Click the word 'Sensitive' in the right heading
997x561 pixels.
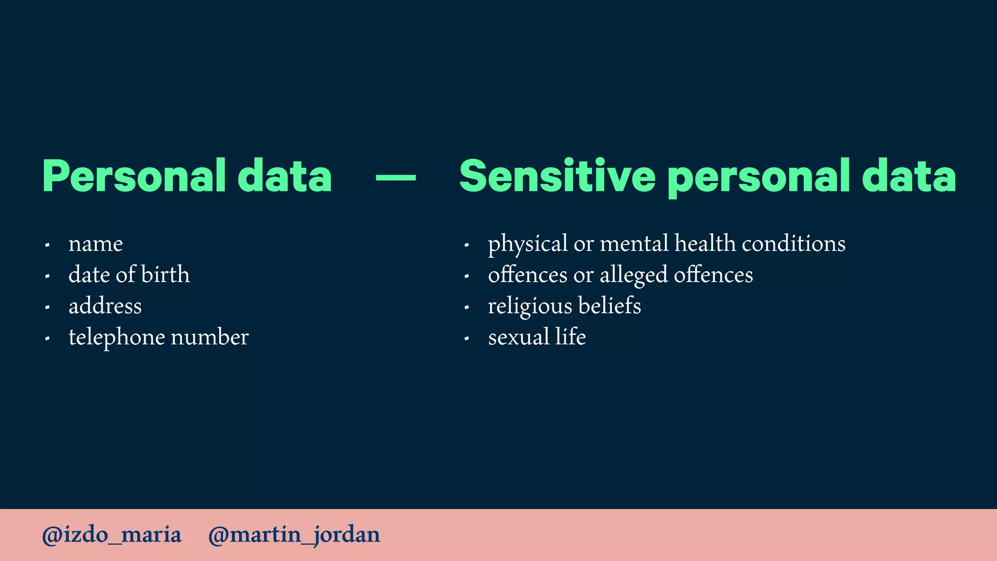[x=557, y=176]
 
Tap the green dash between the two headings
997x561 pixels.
[x=396, y=178]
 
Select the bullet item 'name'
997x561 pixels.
[x=95, y=244]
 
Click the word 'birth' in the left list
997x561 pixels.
[x=165, y=275]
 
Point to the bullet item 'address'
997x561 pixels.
[x=105, y=306]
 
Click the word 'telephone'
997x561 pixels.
[x=117, y=337]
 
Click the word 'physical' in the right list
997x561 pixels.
[x=528, y=244]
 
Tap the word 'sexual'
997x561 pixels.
[x=518, y=337]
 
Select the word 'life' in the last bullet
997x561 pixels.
[x=571, y=337]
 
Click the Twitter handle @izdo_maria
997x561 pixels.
[x=112, y=535]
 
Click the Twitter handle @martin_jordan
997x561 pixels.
[x=294, y=535]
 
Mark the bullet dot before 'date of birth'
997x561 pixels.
[x=47, y=276]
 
